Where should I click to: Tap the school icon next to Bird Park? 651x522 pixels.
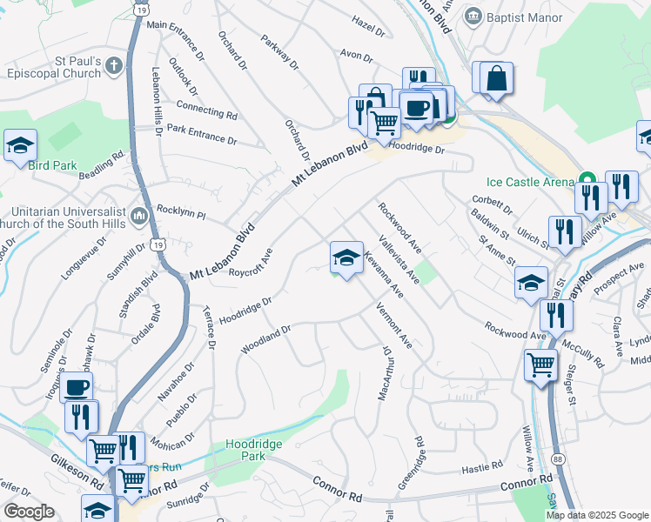coord(20,146)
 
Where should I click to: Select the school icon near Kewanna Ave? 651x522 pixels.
coord(346,257)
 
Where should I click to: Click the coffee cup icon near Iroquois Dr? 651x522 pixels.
coord(76,387)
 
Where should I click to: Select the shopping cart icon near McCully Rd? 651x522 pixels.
coord(540,365)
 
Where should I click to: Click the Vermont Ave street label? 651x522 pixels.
coord(393,326)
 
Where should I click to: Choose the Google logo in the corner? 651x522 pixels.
coord(29,512)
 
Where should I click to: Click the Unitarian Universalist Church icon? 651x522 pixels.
coord(139,213)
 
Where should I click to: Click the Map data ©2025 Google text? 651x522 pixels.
coord(596,515)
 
